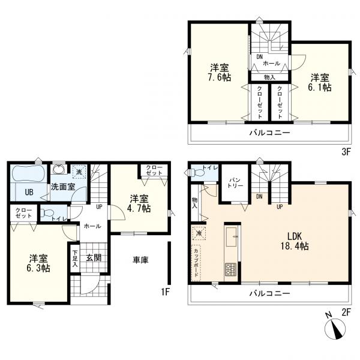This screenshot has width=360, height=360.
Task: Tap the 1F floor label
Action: pos(165,292)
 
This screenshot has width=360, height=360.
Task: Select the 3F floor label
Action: pos(346,152)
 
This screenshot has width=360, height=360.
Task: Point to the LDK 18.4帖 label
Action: pos(295,241)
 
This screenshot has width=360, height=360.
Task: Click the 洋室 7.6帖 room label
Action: pos(220,73)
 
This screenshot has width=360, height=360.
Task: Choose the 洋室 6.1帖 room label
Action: pos(320,82)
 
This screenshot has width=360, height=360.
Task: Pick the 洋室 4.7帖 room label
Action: pos(139,203)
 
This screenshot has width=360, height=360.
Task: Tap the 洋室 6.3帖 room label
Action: pos(38,263)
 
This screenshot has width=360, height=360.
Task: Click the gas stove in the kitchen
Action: pos(231,269)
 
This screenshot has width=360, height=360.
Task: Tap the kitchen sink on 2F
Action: pos(232,236)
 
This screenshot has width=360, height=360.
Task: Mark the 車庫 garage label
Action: pos(140,260)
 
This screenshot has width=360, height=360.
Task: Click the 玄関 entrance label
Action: pos(94,257)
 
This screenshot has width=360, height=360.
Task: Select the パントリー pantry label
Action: pos(235,183)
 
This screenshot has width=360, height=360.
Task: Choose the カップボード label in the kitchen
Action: pos(196,263)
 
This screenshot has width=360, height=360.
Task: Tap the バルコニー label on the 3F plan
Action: pos(270,133)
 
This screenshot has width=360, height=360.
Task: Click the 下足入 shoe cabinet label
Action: pos(75,259)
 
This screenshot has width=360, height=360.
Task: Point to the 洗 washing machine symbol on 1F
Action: pos(79,172)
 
